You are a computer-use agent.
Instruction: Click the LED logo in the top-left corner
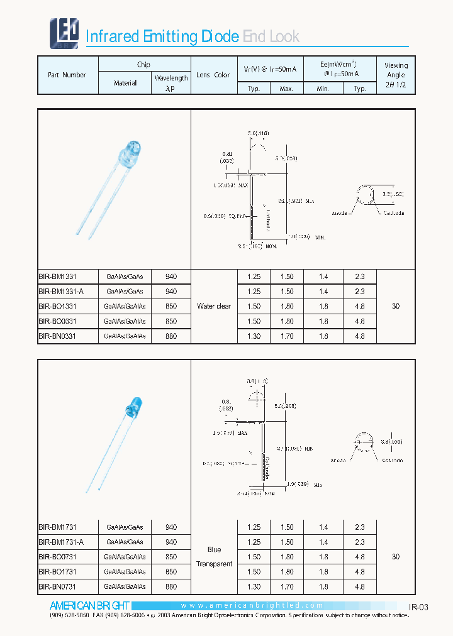point(64,33)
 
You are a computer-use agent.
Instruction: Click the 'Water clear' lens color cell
point(214,307)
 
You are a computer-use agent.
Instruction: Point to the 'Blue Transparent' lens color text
point(214,557)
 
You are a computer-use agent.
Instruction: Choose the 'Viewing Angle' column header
point(396,75)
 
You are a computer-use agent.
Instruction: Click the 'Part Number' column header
point(67,75)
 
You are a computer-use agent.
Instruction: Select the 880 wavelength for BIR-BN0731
point(171,586)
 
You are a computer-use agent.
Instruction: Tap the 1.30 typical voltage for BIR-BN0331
point(254,336)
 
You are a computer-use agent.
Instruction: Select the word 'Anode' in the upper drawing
point(340,214)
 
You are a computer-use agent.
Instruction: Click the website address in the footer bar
point(252,606)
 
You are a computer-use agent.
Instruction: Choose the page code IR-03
point(418,607)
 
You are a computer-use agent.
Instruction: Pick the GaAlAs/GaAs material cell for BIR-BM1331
point(125,277)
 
